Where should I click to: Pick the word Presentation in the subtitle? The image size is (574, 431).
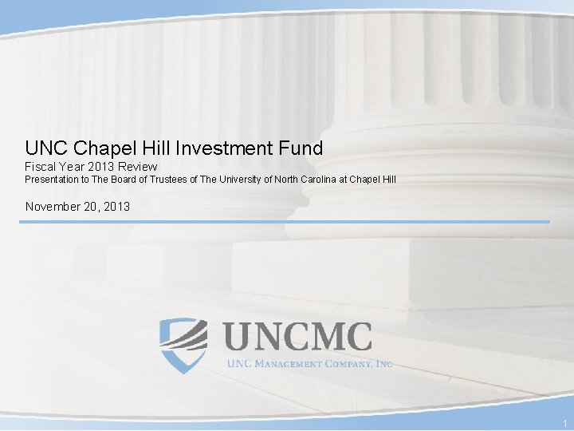pos(52,180)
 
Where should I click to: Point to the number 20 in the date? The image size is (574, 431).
pos(92,207)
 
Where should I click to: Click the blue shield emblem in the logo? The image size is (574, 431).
pos(183,344)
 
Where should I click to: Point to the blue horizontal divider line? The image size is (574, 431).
pos(287,222)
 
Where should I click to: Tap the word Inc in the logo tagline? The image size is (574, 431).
pos(383,364)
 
